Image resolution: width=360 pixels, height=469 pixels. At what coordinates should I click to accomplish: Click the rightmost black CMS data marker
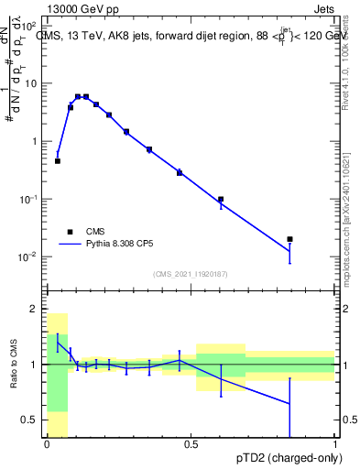click(x=289, y=239)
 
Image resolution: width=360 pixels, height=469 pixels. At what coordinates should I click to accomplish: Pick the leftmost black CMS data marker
click(x=58, y=161)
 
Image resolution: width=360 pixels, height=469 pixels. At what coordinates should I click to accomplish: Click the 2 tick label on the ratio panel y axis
click(x=35, y=310)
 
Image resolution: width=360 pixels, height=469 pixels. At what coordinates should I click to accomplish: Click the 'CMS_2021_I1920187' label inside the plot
click(x=191, y=273)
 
